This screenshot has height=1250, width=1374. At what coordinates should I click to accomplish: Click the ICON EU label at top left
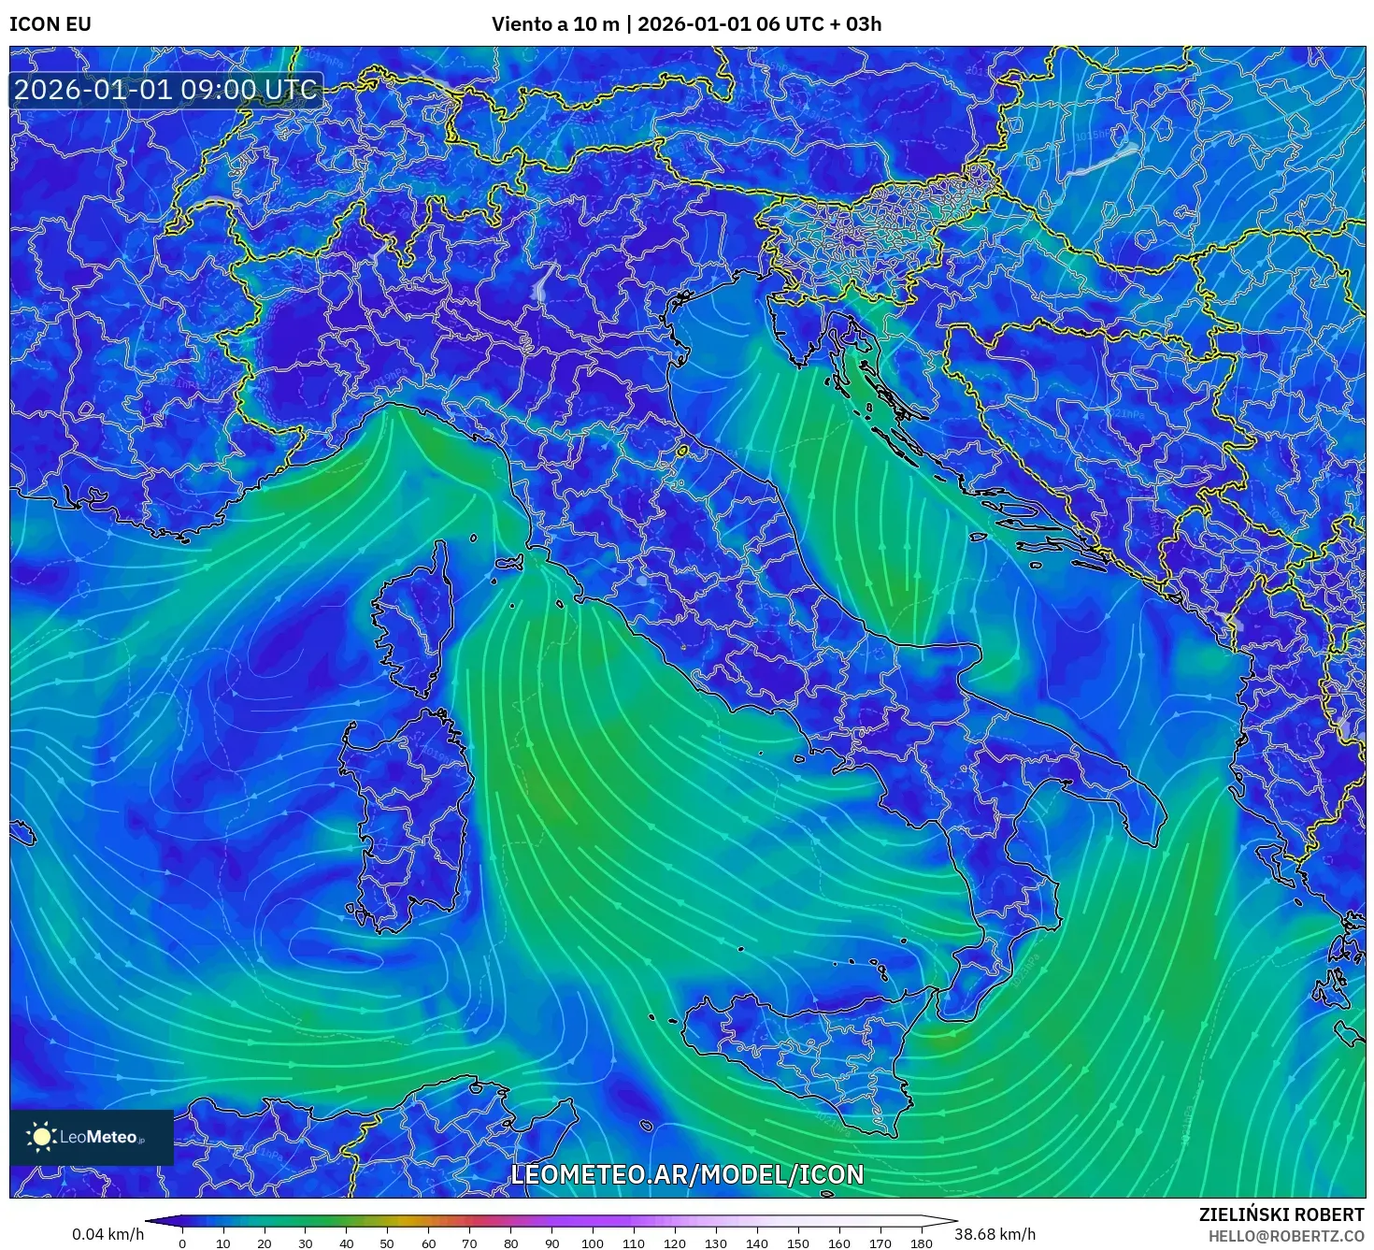point(50,24)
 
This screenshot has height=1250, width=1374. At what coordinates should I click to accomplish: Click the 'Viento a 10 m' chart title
point(555,24)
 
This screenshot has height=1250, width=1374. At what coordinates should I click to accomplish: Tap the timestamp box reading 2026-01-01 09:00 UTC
point(165,90)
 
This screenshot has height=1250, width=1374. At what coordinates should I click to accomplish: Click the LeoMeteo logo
point(92,1137)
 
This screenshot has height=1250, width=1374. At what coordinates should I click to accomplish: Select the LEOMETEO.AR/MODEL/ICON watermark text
point(687,1174)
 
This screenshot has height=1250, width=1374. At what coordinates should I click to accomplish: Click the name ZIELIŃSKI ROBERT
point(1281,1214)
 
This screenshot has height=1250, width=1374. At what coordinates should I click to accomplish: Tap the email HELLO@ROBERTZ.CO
point(1286,1235)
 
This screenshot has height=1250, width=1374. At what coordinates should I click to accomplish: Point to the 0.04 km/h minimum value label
point(107,1234)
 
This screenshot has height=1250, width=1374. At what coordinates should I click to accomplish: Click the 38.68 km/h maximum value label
point(995,1234)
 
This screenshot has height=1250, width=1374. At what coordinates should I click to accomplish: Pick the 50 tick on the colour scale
point(387,1243)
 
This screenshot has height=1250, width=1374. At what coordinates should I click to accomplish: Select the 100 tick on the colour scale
point(593,1243)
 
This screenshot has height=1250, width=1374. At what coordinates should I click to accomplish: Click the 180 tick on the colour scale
point(921,1243)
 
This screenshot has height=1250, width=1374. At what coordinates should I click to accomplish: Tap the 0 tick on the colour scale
point(182,1243)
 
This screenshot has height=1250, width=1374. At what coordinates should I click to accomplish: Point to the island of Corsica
point(416,622)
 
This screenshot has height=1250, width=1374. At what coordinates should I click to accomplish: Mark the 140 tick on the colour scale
point(757,1243)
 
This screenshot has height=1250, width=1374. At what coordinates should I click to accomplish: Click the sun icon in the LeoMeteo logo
point(42,1137)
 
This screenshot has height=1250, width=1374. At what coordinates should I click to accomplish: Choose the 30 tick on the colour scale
point(305,1243)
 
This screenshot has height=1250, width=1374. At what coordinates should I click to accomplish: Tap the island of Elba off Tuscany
point(509,563)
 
